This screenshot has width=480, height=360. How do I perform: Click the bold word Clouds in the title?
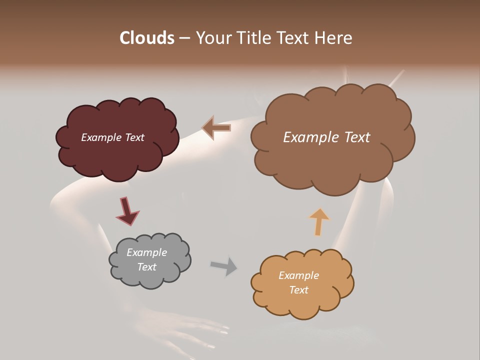(x=146, y=38)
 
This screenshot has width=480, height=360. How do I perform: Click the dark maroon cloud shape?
(x=117, y=155)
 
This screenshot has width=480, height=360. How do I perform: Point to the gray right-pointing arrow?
(x=223, y=265)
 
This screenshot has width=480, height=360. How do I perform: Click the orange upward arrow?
(x=319, y=221)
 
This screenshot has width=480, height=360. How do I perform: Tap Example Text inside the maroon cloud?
(x=112, y=137)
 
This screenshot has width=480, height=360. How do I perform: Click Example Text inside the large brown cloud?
(x=326, y=137)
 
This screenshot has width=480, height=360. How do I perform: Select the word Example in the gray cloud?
(x=146, y=252)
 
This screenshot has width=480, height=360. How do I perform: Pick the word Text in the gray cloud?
(x=146, y=267)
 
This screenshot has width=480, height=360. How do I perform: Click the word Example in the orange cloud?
(x=298, y=275)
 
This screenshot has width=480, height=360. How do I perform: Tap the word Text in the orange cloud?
(x=298, y=290)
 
